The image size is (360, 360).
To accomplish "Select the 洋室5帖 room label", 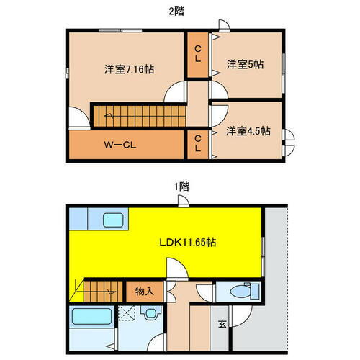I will tap(245, 65).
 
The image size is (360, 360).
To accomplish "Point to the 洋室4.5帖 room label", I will tap(248, 131).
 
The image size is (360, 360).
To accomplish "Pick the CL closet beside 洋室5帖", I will tap(198, 55).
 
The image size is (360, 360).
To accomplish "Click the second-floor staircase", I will tap(137, 114).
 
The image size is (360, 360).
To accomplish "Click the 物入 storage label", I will tap(145, 292).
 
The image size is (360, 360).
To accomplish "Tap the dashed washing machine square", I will tap(128, 315).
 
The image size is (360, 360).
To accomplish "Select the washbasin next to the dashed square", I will tap(150, 314).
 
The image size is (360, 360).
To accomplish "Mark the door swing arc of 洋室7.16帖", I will tap(174, 92).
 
